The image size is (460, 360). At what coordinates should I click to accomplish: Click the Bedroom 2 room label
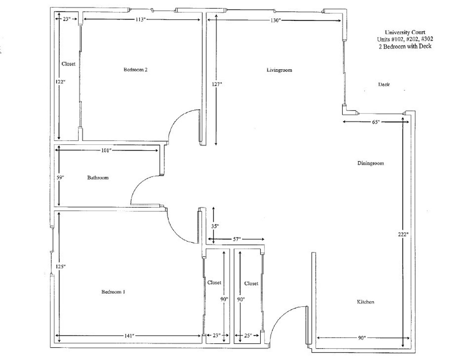(x=136, y=70)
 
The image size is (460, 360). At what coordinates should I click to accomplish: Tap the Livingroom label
(x=279, y=70)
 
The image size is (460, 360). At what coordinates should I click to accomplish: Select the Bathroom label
(x=98, y=177)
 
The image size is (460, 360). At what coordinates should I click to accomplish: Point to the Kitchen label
(x=365, y=302)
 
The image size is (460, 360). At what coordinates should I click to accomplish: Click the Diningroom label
(x=370, y=163)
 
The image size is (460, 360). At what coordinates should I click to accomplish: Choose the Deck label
(x=384, y=84)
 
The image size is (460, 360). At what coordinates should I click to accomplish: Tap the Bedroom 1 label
(x=113, y=292)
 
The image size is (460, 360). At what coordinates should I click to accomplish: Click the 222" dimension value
(x=403, y=234)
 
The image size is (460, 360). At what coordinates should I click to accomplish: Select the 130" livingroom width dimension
(x=275, y=21)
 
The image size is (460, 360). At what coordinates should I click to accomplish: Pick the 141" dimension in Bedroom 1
(x=129, y=336)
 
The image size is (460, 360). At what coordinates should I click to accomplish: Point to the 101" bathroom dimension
(x=106, y=150)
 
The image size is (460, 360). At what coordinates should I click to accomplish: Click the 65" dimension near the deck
(x=376, y=122)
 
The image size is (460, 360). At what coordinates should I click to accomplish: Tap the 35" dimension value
(x=215, y=226)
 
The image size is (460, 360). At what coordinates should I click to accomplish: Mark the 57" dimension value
(x=237, y=239)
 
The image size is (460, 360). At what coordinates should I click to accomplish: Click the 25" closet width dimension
(x=248, y=336)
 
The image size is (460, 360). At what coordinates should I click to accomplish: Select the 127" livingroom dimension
(x=217, y=84)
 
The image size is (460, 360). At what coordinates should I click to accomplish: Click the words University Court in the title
(x=405, y=32)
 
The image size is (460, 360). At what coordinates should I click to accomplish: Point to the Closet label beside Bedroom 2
(x=68, y=64)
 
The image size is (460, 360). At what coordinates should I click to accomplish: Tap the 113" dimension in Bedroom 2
(x=141, y=20)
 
